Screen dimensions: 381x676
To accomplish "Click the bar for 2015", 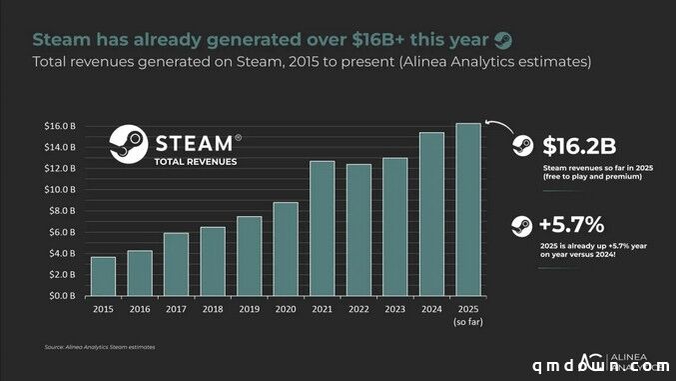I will coord(103,276).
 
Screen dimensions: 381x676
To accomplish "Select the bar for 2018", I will coord(213,261).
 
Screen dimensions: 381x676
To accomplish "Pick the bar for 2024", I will coord(431,214).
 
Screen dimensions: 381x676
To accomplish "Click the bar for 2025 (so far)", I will coord(467,209).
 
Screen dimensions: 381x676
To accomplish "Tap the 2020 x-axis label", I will coord(286,310).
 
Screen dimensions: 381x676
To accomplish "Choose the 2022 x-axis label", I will coord(358,310).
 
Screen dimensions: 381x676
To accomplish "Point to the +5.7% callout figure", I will coord(571,224).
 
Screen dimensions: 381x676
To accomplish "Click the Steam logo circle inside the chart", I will coord(129,145).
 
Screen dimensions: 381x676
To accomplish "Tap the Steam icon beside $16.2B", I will coord(521,145).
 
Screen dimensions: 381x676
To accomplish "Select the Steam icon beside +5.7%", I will coord(521,225).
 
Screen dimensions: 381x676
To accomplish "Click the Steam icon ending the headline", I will coord(503,40).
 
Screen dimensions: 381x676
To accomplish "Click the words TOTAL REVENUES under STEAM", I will coord(196,161).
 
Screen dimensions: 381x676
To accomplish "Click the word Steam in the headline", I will coord(62,40).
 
